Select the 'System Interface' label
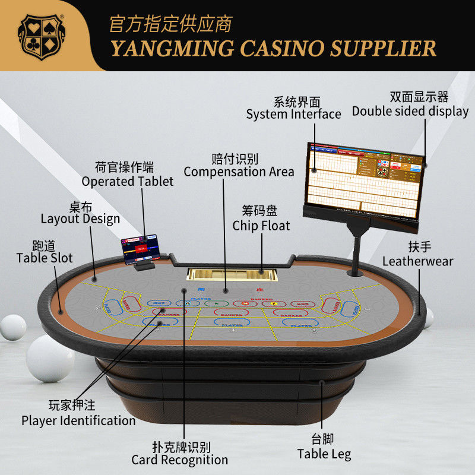293,114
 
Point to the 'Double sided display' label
410,111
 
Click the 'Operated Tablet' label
128,181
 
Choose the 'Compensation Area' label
239,172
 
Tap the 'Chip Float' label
261,226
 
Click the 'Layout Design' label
80,218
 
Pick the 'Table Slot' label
45,258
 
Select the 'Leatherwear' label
417,261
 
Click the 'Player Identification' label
78,420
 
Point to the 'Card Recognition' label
179,460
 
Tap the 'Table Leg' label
324,454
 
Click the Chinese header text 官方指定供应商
171,24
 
